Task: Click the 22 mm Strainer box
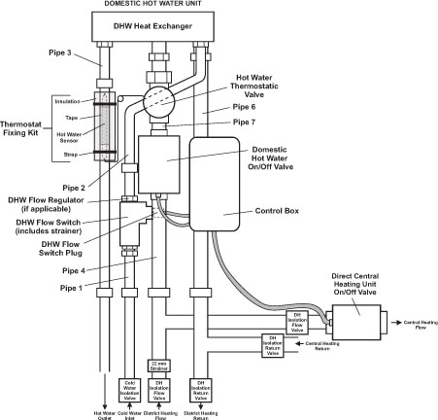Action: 161,367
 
